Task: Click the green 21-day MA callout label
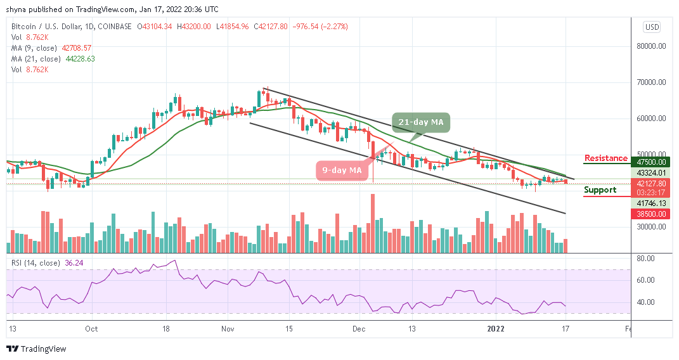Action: click(421, 121)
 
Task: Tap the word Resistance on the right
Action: click(605, 158)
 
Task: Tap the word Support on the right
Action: click(600, 190)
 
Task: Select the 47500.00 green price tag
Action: click(652, 162)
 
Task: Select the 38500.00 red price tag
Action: click(652, 214)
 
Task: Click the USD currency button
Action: click(652, 27)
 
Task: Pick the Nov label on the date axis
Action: click(229, 329)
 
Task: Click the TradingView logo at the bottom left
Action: click(36, 349)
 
